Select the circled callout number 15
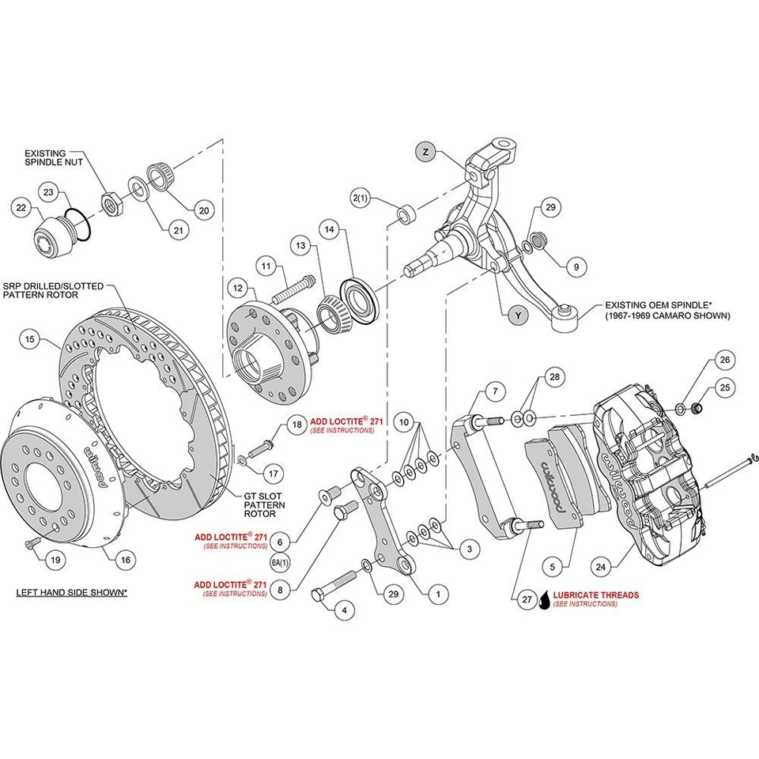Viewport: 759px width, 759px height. [x=29, y=340]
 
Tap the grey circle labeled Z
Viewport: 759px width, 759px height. [x=425, y=151]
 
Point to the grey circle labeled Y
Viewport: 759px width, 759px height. [x=517, y=315]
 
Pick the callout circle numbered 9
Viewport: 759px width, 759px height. [x=576, y=267]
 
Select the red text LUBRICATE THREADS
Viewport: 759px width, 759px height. [x=596, y=595]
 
